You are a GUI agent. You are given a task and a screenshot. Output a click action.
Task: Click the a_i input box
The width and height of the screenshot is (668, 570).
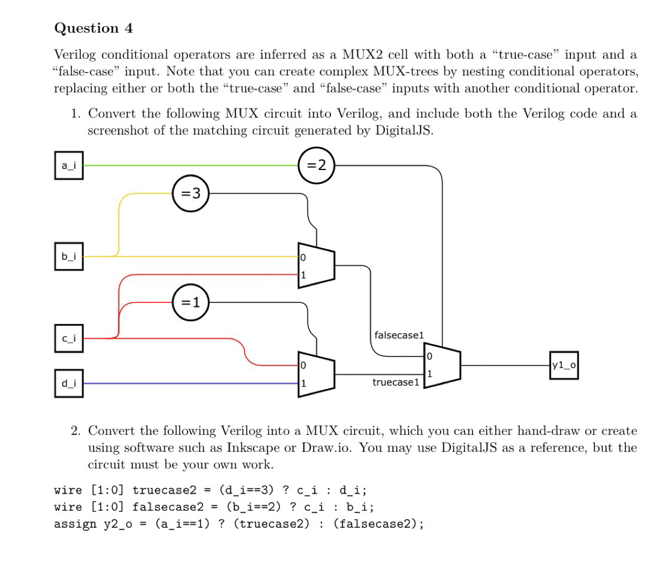point(68,165)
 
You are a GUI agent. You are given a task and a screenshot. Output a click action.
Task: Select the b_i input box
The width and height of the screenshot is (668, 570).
point(68,256)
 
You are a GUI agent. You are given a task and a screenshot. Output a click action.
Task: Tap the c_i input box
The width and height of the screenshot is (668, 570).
point(68,338)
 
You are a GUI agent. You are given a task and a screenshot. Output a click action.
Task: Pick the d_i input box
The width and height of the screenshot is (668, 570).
point(68,383)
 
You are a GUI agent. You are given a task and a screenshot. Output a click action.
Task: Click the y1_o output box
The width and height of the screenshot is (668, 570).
point(564,365)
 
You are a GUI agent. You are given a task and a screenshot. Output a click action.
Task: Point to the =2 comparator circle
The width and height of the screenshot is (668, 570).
point(316,165)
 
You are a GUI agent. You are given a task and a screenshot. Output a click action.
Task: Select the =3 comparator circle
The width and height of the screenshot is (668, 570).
point(191,193)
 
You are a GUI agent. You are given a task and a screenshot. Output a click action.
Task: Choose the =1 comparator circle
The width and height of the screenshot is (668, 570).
point(191,302)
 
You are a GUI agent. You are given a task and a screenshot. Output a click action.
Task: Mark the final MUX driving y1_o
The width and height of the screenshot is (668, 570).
point(442,365)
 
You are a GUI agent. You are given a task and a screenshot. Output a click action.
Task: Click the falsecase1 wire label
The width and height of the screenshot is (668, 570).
point(399,335)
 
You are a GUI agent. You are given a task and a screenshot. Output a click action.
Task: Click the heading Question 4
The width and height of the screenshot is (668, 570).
point(93,28)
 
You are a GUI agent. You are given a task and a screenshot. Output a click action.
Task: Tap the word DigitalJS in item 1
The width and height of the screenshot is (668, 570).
point(404,130)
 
